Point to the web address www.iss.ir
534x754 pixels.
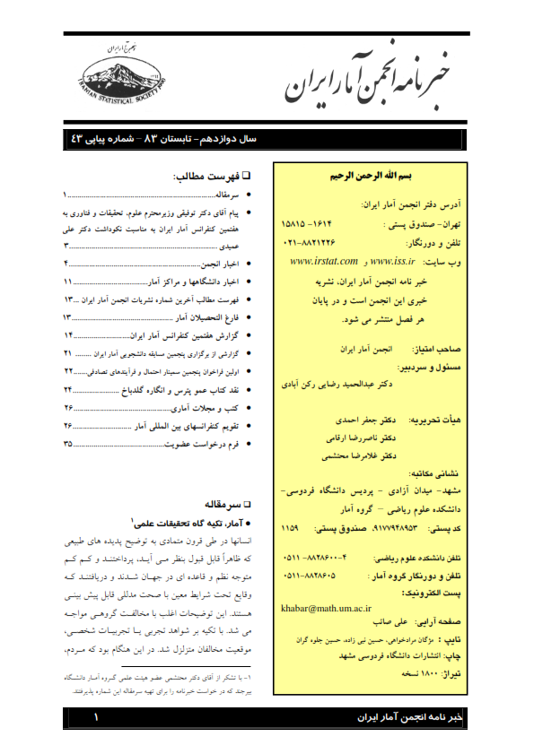[391, 261]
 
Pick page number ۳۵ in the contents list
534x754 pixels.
[67, 444]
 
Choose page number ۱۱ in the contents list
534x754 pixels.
[67, 282]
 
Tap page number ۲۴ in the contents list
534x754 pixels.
[67, 390]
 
